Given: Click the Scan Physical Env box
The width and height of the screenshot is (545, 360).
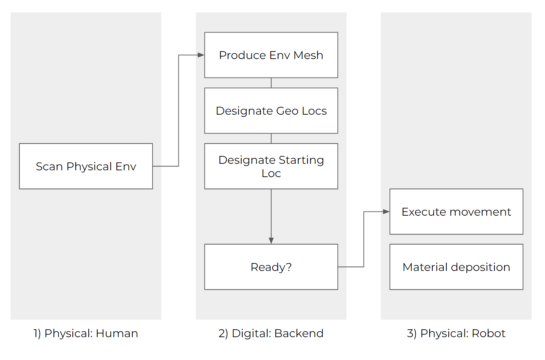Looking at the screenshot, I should tap(86, 166).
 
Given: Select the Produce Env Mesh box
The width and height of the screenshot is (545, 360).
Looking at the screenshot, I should tap(271, 55).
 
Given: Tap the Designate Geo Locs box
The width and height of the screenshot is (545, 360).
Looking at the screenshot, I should tap(271, 111).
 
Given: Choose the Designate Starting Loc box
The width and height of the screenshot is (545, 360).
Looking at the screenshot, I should tap(271, 166).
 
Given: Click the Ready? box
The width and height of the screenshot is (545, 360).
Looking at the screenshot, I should tap(271, 267).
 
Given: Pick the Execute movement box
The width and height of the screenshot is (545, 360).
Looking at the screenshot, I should tap(456, 212).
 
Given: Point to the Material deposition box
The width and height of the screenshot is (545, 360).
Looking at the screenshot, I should tap(456, 267).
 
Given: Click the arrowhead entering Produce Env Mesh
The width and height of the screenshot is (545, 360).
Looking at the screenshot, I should tap(201, 55).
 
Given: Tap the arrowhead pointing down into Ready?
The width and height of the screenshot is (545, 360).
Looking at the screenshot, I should tap(271, 241).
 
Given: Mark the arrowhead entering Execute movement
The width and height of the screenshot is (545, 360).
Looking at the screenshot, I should tap(386, 212).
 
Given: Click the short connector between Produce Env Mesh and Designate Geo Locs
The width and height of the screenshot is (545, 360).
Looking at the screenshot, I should tap(271, 83).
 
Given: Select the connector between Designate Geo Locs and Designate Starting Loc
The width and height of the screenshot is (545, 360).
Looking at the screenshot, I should tap(271, 138).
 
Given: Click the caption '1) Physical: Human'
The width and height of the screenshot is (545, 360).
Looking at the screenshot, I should tap(86, 333).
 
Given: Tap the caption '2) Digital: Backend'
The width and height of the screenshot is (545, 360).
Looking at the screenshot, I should tap(271, 333).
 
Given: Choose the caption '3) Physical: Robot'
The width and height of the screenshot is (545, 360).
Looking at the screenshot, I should tap(456, 333).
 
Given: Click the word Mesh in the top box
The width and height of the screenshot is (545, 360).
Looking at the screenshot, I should tap(308, 55).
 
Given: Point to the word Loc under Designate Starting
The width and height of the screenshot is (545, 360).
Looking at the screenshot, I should tap(271, 173).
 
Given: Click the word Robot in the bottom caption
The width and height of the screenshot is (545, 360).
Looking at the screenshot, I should tap(489, 333).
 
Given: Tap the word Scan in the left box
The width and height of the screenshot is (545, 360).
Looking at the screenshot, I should tap(49, 167).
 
